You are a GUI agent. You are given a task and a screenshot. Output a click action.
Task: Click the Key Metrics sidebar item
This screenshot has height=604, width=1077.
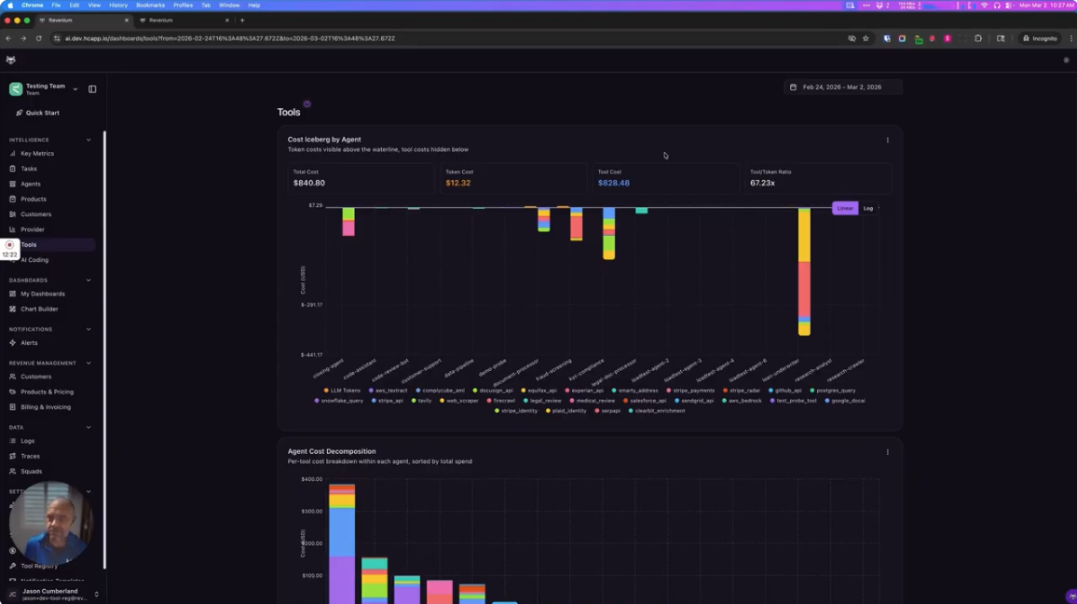click(x=36, y=154)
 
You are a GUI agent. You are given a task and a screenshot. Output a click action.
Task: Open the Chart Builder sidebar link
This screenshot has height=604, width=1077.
click(x=39, y=309)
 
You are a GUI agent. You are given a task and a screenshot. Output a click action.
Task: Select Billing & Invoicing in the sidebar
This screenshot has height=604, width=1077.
click(x=45, y=407)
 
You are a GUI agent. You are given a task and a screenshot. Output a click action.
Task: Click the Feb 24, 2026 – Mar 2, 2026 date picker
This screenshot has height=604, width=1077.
click(x=841, y=87)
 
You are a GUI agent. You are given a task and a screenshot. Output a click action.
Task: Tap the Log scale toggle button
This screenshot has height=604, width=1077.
click(x=867, y=209)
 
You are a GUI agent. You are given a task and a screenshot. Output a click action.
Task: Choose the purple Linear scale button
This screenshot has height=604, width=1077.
click(x=844, y=209)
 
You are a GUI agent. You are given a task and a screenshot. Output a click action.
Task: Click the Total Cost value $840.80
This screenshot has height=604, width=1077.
click(x=308, y=183)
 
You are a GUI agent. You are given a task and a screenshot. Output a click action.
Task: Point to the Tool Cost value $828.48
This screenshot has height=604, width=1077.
click(x=613, y=183)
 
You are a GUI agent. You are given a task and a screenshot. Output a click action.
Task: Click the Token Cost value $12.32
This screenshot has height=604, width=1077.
click(x=457, y=183)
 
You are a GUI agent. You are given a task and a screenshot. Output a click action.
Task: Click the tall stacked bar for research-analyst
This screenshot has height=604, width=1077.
click(x=804, y=270)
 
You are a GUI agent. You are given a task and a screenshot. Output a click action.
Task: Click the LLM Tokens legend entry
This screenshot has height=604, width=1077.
click(x=344, y=391)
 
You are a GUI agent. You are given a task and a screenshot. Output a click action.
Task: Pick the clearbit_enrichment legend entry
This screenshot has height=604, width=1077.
click(x=659, y=411)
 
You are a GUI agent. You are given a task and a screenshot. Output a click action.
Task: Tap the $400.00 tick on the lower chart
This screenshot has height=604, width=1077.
click(x=311, y=479)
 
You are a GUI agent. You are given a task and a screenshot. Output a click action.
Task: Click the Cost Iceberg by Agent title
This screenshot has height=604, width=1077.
click(x=323, y=140)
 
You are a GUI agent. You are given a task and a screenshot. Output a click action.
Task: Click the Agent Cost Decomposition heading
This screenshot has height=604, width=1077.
click(x=331, y=451)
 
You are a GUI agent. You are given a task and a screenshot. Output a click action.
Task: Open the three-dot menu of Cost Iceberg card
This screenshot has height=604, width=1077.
click(x=887, y=141)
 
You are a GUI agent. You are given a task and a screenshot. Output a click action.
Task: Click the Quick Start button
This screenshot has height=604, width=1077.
click(x=42, y=113)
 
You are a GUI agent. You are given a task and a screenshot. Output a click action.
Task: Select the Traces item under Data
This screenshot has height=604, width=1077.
click(x=30, y=457)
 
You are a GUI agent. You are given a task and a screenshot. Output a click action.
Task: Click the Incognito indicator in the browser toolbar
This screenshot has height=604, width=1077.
click(x=1040, y=38)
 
